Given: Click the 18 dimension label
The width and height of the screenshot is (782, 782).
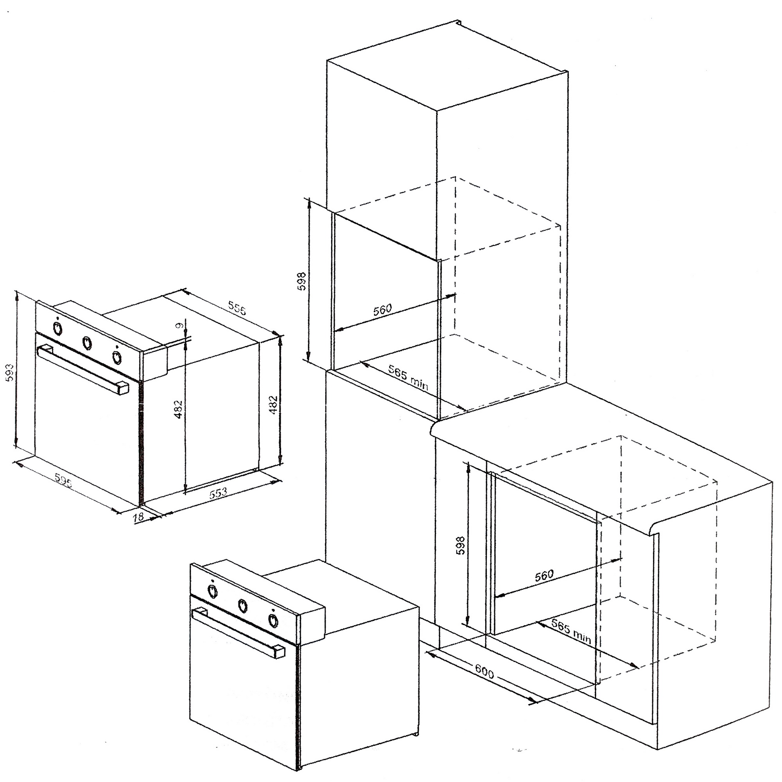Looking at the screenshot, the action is coord(138,517).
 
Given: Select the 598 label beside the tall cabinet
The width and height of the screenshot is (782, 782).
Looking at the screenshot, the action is coord(302,280).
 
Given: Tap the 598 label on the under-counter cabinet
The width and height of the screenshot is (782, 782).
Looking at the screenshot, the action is coord(461,545).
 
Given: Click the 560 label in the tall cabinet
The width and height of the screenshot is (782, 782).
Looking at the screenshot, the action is coord(382,310).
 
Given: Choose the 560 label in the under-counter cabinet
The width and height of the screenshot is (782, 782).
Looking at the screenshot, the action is coord(544,576).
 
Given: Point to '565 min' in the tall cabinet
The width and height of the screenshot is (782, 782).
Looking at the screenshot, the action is coord(408,377).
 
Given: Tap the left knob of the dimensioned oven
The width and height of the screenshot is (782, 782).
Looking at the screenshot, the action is coord(58,328).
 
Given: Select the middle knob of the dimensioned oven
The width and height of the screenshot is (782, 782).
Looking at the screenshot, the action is coord(87,343).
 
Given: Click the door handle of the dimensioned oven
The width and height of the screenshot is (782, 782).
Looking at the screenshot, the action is coord(83,369).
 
